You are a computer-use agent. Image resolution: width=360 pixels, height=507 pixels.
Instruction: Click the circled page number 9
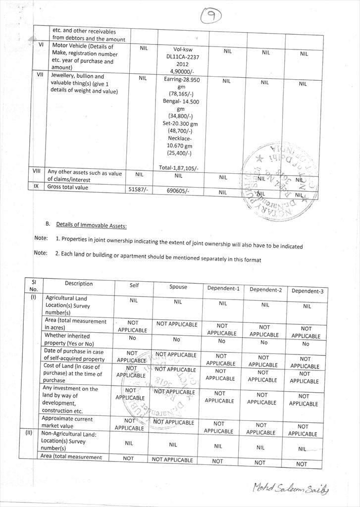click(212, 17)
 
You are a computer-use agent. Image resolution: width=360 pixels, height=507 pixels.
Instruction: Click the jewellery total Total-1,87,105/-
click(179, 168)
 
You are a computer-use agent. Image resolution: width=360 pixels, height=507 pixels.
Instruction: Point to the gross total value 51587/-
click(138, 190)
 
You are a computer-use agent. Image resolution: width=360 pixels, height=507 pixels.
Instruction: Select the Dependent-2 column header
click(265, 290)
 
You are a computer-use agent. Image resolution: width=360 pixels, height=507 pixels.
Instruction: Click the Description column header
click(78, 284)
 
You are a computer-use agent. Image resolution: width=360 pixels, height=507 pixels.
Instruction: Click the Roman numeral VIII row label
click(37, 171)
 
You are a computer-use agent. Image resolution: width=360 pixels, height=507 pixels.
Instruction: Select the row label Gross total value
click(68, 187)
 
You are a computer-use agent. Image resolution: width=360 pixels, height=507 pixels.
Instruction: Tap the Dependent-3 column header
click(307, 291)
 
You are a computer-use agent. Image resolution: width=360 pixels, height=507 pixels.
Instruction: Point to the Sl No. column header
click(34, 286)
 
